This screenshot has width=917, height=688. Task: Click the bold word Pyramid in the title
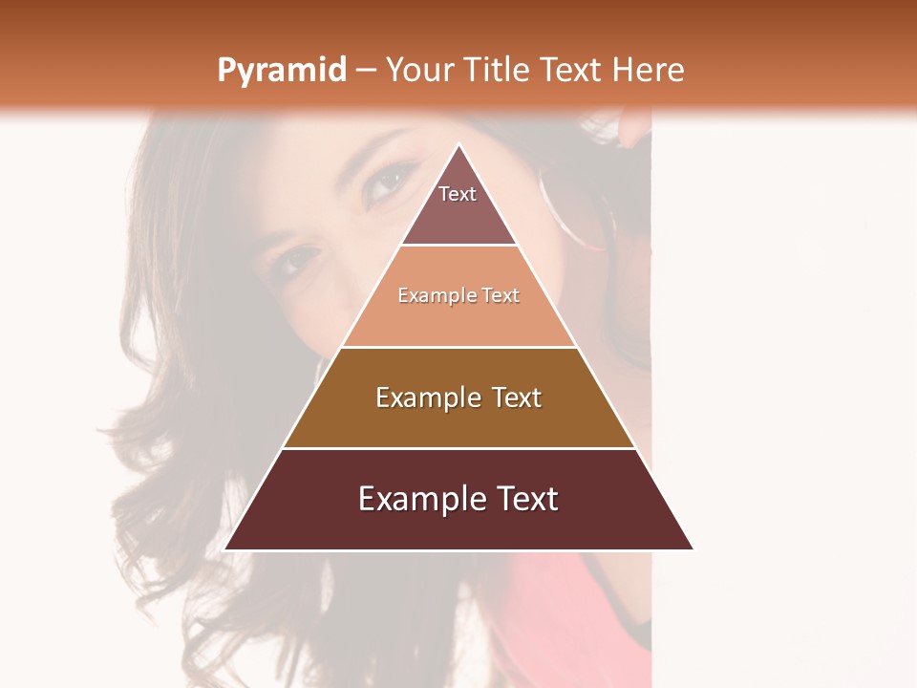[x=281, y=71]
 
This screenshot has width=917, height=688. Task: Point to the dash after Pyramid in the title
[x=365, y=71]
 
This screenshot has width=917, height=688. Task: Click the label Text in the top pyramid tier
[x=458, y=194]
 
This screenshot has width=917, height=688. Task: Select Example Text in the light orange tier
[x=458, y=295]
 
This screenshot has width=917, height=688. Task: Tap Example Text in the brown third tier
[x=458, y=398]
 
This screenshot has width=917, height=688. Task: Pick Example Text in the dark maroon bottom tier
[x=458, y=499]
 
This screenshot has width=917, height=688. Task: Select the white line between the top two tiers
[x=458, y=245]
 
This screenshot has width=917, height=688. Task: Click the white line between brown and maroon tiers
[x=458, y=448]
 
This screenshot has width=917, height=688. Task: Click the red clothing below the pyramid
[x=564, y=612]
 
